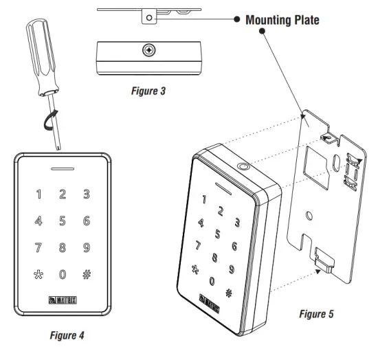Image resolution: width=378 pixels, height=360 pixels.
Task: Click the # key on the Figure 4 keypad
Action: (x=87, y=274)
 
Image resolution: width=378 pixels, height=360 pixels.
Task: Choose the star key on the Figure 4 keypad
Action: (x=38, y=274)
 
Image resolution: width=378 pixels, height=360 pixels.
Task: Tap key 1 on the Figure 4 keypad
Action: (x=39, y=194)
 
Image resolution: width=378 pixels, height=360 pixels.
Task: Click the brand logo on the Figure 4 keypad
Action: (x=63, y=300)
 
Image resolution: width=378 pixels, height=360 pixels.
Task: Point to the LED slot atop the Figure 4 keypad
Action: (x=63, y=167)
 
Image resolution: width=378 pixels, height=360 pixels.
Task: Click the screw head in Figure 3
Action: (x=148, y=51)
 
